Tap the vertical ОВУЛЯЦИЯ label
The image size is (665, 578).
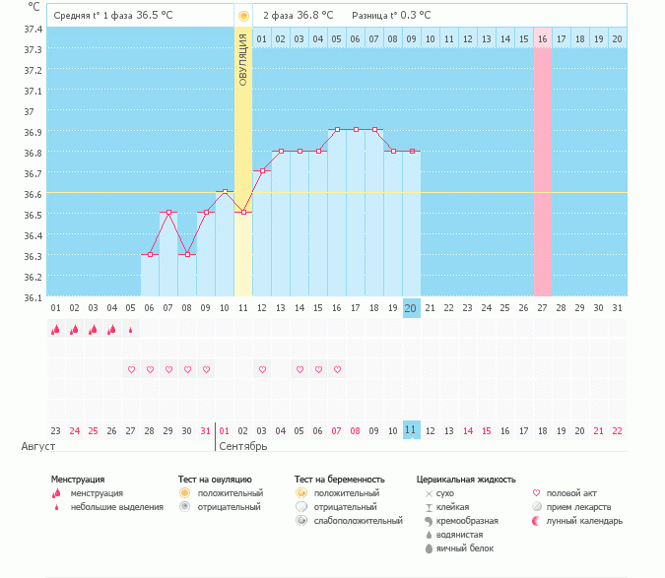(242, 62)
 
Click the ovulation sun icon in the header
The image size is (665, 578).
(243, 16)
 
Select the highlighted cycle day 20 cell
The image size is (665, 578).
(411, 308)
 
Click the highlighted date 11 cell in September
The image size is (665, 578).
(411, 430)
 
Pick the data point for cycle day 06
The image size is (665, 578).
(150, 254)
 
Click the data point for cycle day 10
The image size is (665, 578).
(225, 191)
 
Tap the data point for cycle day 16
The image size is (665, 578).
(337, 129)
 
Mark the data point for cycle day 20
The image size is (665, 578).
(411, 151)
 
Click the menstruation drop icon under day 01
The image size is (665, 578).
(55, 330)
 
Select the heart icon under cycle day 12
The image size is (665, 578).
(262, 369)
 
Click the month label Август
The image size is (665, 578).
(32, 446)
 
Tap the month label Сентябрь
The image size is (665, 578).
(243, 446)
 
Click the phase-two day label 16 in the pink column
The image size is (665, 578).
(542, 38)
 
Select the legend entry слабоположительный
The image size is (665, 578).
(358, 520)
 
